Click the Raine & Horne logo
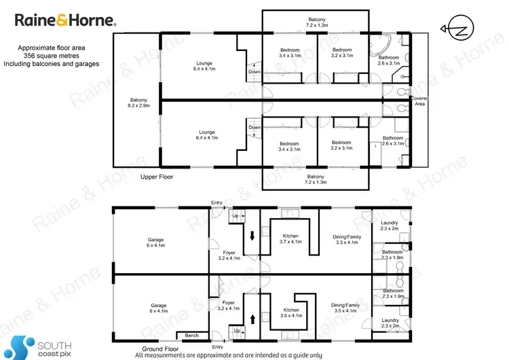pos(65,21)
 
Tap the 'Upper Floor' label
pos(157,177)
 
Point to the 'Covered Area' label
pos(419,102)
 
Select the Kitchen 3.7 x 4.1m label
pos(290,238)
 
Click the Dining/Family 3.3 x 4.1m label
pos(347,239)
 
